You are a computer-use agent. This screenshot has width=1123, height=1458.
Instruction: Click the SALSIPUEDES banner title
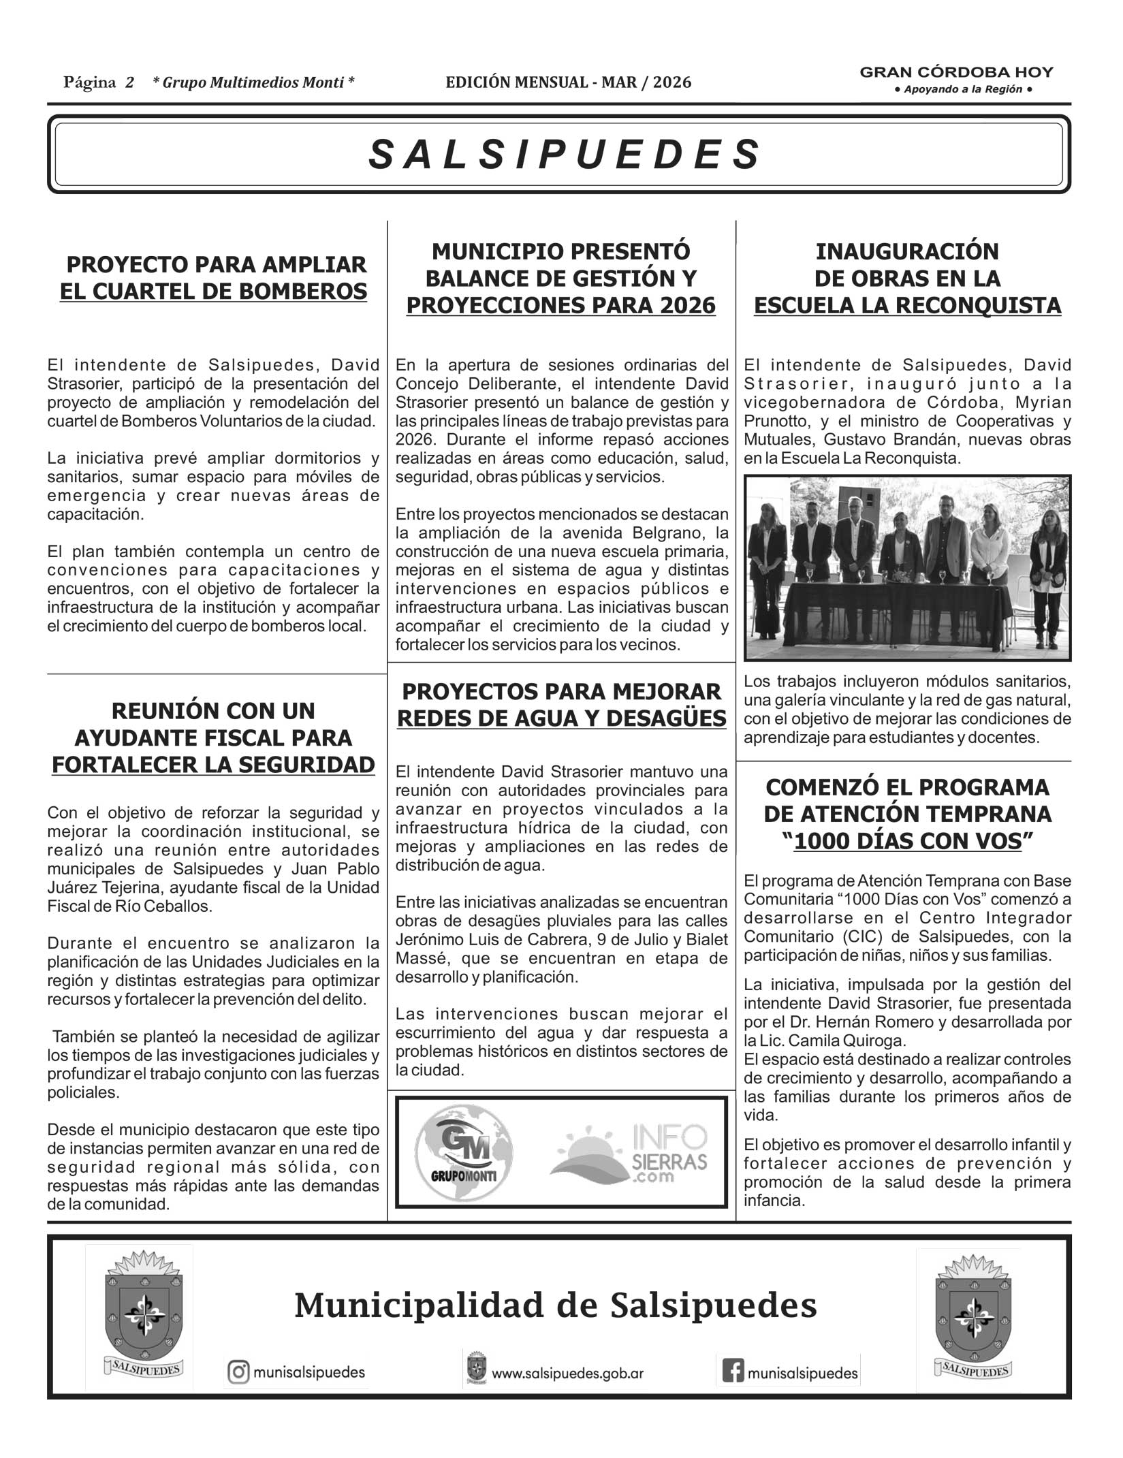pyautogui.click(x=564, y=155)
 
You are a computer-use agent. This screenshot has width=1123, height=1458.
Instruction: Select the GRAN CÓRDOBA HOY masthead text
pyautogui.click(x=956, y=72)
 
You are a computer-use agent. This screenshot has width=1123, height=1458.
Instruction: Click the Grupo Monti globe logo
pyautogui.click(x=464, y=1150)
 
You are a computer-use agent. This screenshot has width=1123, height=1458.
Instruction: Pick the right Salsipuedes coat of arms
pyautogui.click(x=972, y=1316)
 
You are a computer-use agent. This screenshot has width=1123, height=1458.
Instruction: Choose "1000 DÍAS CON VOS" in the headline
pyautogui.click(x=908, y=842)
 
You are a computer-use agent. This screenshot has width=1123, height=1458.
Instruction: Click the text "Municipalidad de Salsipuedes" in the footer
pyautogui.click(x=555, y=1305)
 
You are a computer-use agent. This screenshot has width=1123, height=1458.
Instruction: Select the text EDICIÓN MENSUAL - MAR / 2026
pyautogui.click(x=568, y=83)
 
